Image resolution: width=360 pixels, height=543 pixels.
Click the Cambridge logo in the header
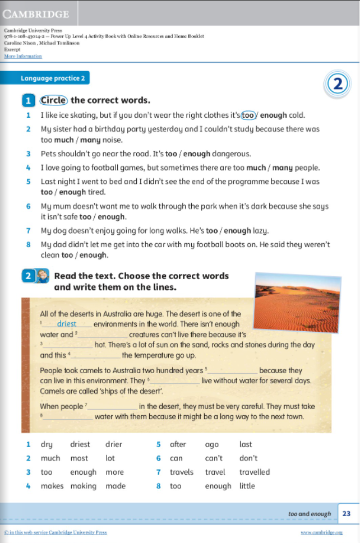click(36, 14)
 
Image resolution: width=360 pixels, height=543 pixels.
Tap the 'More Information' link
click(23, 56)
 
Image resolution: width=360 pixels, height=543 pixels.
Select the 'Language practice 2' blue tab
click(53, 78)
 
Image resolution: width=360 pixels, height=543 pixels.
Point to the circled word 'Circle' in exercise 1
click(54, 100)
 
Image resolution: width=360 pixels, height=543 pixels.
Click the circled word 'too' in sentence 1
click(247, 115)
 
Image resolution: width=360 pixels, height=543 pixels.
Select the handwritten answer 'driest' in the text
click(67, 324)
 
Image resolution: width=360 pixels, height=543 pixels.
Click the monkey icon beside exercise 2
click(43, 276)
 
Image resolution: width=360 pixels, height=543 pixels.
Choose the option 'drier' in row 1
click(114, 444)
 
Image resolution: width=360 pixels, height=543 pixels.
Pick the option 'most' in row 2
click(79, 458)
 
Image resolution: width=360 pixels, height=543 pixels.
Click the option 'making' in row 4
click(84, 486)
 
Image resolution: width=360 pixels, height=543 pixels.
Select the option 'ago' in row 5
click(212, 444)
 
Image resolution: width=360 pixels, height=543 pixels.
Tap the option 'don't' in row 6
click(248, 458)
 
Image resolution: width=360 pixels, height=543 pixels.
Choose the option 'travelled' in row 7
click(255, 472)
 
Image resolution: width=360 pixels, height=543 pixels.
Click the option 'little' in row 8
click(247, 486)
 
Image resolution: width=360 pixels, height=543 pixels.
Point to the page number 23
click(347, 513)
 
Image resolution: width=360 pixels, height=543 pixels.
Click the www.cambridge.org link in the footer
click(321, 532)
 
